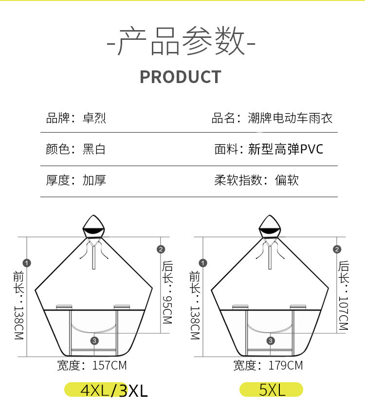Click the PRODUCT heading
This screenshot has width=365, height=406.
pos(181,77)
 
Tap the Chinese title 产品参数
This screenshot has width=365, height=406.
pos(181,41)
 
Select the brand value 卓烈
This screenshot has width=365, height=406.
pos(94,118)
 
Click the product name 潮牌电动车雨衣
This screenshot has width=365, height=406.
pos(291,118)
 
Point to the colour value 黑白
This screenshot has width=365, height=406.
pos(94,149)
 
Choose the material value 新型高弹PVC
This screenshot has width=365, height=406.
pos(286,149)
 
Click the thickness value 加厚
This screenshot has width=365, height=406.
pos(94,180)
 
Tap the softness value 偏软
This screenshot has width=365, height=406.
pos(287,180)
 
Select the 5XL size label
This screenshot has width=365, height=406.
pos(271,389)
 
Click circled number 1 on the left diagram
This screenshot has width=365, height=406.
pos(27,263)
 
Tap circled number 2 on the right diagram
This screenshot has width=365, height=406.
pos(337,250)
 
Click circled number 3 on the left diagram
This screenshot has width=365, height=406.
pos(94,340)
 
